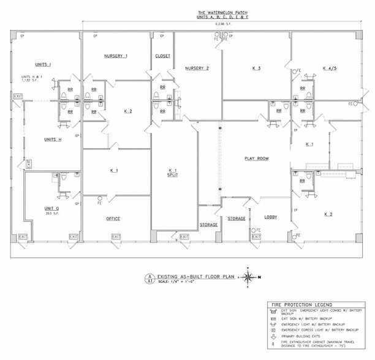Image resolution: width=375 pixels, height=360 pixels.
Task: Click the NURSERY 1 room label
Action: (x=116, y=56)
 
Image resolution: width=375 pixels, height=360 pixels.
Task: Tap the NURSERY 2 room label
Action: (x=197, y=68)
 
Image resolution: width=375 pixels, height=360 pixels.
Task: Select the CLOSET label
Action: (x=163, y=56)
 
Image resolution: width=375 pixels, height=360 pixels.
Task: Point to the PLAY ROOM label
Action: (x=257, y=159)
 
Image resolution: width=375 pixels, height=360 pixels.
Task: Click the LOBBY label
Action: (x=271, y=217)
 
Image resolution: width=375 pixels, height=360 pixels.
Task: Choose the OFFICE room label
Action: (x=113, y=219)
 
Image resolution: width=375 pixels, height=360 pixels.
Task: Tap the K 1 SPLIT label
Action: (x=173, y=173)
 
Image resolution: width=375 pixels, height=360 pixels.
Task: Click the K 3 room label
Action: (x=256, y=68)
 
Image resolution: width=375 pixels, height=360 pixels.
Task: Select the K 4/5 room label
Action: (x=331, y=68)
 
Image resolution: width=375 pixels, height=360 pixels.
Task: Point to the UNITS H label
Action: (x=53, y=140)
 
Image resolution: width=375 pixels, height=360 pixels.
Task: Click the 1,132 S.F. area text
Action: (x=30, y=80)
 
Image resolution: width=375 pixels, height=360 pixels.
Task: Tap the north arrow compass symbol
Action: (x=249, y=277)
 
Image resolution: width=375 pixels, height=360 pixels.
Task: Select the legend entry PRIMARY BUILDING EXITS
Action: (x=305, y=336)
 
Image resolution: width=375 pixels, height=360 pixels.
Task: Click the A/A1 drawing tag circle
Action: (x=148, y=278)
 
